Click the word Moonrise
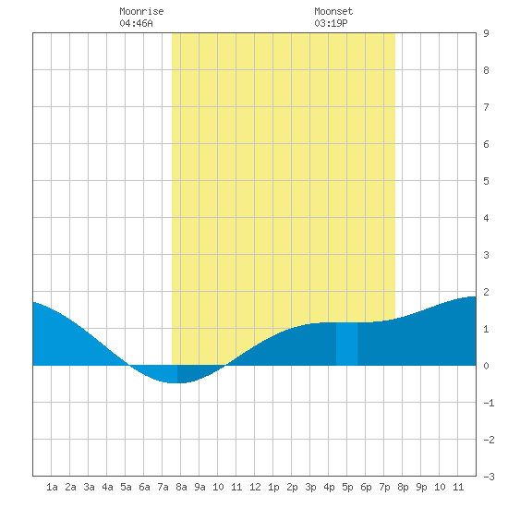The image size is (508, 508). click(x=141, y=11)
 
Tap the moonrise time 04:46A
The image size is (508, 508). click(x=136, y=23)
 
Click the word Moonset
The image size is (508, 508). click(x=333, y=11)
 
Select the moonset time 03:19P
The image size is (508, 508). click(x=331, y=23)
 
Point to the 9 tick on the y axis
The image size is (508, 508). click(x=486, y=33)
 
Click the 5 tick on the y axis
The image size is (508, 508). click(x=486, y=181)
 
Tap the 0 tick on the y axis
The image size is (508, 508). click(x=486, y=366)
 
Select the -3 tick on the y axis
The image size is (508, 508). click(x=489, y=477)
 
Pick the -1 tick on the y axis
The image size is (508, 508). click(x=489, y=403)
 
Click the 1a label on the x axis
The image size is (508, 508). click(x=52, y=487)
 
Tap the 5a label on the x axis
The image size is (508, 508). click(x=126, y=487)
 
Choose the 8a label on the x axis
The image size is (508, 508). click(x=181, y=487)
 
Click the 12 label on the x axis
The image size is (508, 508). click(x=255, y=487)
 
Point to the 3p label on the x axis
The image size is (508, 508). click(x=310, y=487)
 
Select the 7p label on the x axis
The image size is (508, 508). click(x=384, y=487)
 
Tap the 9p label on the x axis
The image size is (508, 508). click(x=421, y=487)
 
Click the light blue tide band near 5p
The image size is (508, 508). click(x=346, y=344)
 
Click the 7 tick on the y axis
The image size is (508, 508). click(x=486, y=107)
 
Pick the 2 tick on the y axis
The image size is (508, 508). click(x=486, y=292)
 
